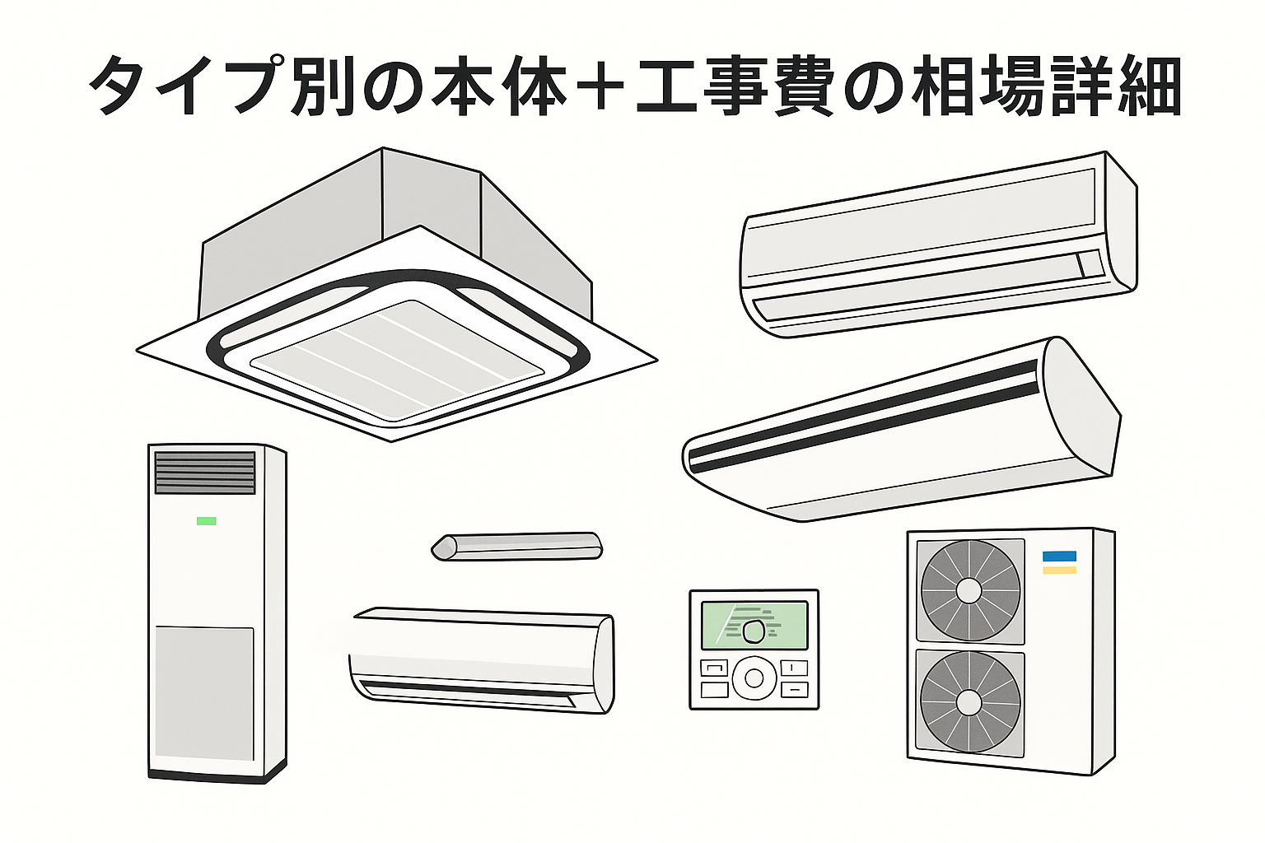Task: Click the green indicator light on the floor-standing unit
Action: (206, 520)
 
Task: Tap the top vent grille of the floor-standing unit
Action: (205, 473)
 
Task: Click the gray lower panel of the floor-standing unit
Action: (204, 693)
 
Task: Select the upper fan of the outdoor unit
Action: (970, 590)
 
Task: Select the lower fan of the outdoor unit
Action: (970, 702)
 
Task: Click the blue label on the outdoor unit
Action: (1059, 556)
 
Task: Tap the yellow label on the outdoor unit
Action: (1059, 570)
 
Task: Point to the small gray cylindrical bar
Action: (517, 547)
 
